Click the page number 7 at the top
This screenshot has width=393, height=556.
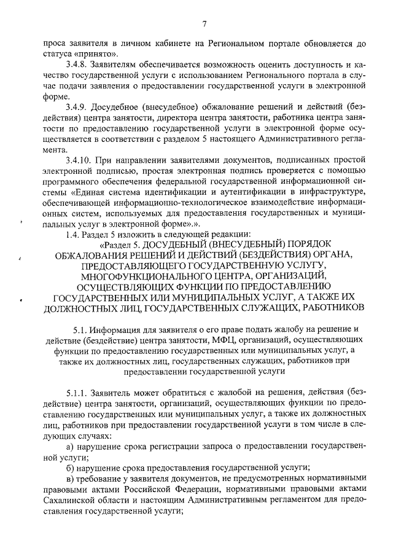pyautogui.click(x=205, y=25)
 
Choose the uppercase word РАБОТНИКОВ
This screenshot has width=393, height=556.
pyautogui.click(x=330, y=307)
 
